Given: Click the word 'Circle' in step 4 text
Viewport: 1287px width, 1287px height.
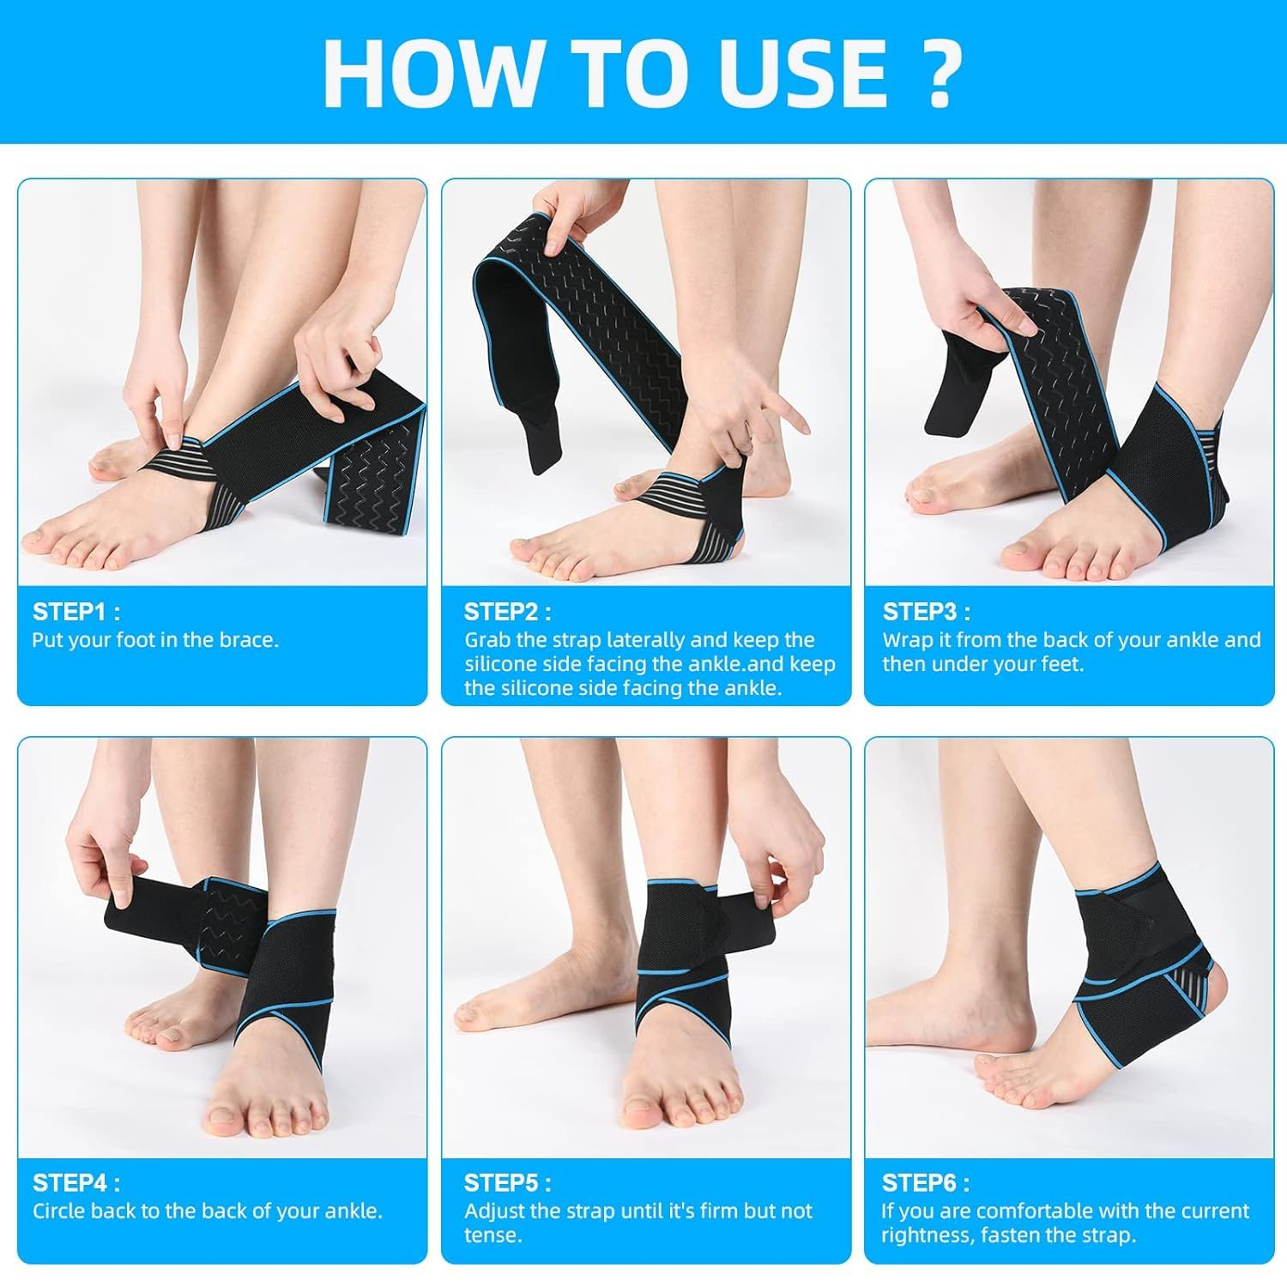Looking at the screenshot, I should click(x=58, y=1211).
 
